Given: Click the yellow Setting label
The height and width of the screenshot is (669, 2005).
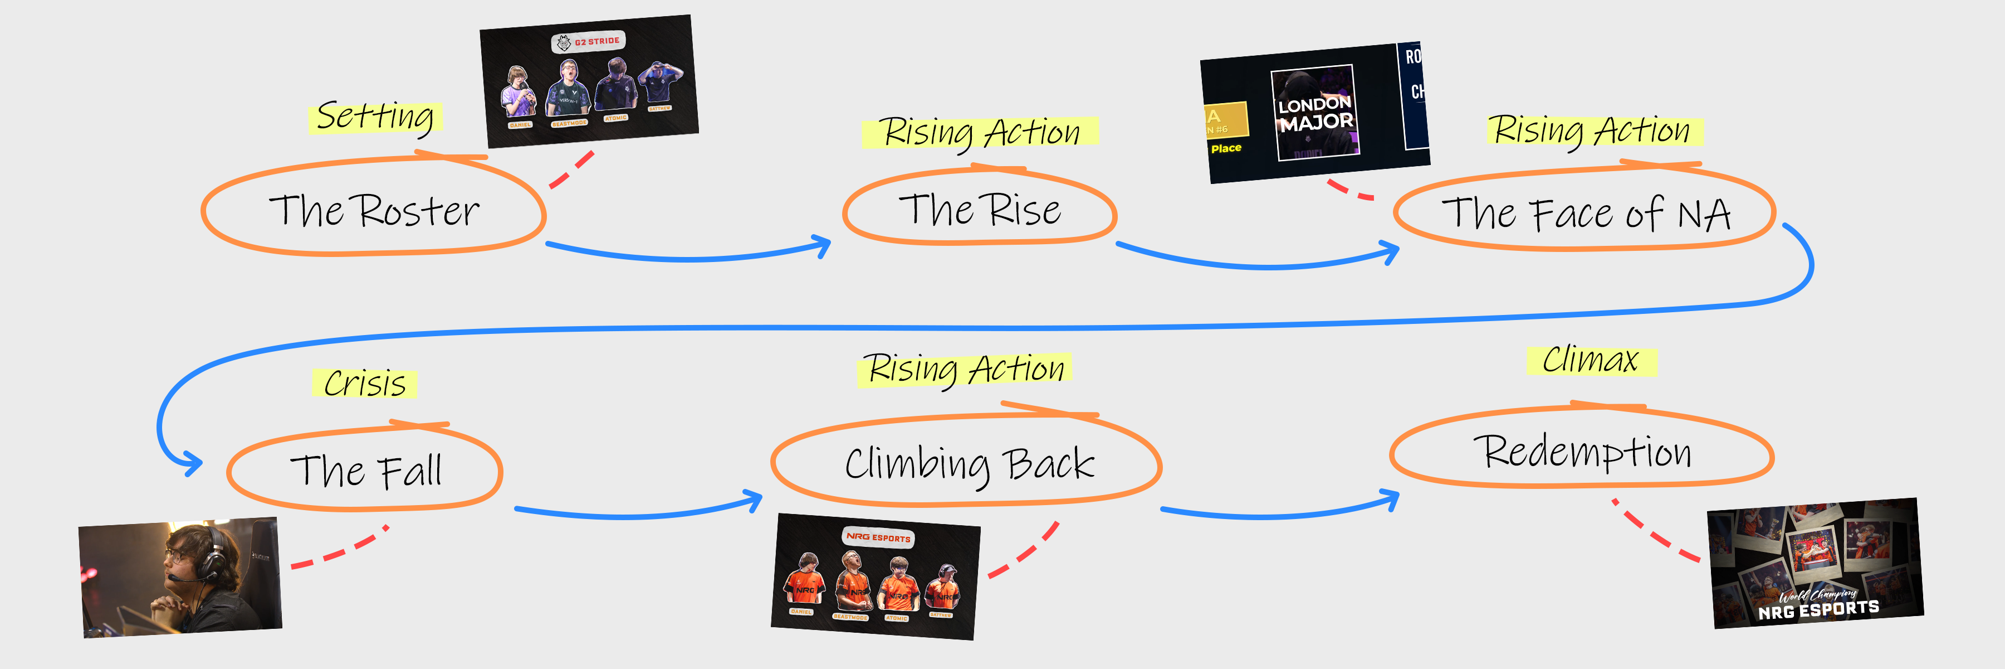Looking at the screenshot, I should pos(375,118).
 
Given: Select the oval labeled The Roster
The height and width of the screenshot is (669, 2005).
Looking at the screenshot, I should pos(374,210).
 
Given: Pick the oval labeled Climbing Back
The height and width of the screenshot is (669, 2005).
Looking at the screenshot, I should pos(969,463).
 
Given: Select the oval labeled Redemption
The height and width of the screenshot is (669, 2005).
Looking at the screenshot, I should pos(1582,452).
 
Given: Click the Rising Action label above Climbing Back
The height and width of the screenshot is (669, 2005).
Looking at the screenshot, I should pos(965,369).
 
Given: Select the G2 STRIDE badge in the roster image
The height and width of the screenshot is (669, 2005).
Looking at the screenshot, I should pos(589,42).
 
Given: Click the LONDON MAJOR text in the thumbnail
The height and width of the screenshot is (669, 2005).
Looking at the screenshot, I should pos(1316,114).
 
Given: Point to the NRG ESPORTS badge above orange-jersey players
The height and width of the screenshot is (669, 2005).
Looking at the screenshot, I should pos(878,537).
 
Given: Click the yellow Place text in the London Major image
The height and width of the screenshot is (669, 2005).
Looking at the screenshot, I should pos(1226,148).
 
